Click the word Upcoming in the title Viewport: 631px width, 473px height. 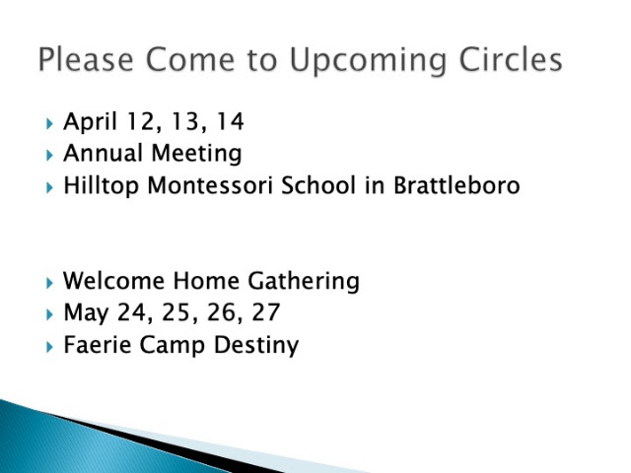click(368, 60)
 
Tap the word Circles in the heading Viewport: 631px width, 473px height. click(511, 59)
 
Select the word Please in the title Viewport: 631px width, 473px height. click(86, 59)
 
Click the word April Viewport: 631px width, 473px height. click(90, 122)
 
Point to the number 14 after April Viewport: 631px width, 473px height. click(230, 121)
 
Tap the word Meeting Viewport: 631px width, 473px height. click(197, 154)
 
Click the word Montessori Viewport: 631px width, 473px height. click(210, 185)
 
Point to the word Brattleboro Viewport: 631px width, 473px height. click(456, 185)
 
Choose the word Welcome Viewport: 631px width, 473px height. click(114, 280)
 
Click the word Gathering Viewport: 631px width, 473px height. click(304, 281)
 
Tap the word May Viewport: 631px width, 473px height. click(86, 313)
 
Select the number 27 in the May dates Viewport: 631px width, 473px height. click(265, 312)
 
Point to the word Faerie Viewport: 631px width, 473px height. click(98, 345)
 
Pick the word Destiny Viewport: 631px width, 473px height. click(256, 346)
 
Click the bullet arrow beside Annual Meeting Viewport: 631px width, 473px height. click(49, 156)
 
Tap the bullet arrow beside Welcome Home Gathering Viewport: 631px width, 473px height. click(49, 283)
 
